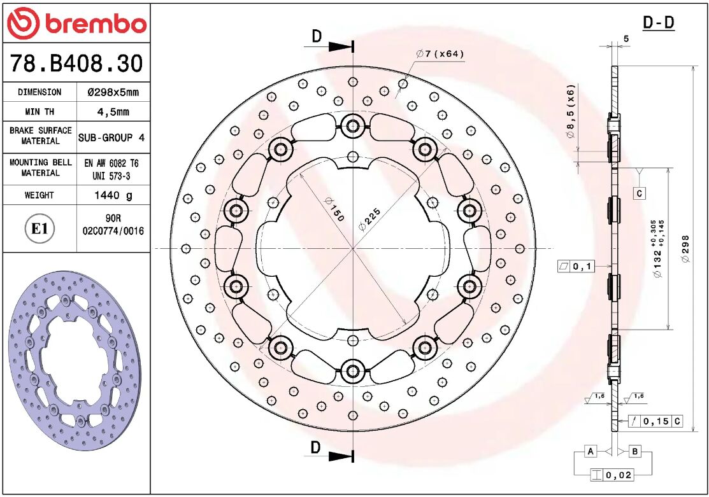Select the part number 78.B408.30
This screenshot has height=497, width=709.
[76, 64]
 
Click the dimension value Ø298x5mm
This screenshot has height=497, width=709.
[113, 92]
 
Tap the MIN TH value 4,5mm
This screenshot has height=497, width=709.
[113, 112]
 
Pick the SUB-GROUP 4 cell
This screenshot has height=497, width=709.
[113, 137]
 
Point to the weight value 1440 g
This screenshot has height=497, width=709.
[113, 195]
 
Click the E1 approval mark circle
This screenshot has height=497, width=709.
[39, 228]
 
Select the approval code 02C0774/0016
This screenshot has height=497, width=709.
[113, 232]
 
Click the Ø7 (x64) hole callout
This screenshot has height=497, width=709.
[440, 54]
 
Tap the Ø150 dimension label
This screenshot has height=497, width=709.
[334, 209]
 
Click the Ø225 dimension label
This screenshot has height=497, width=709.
[369, 217]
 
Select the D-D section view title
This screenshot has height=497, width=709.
[658, 23]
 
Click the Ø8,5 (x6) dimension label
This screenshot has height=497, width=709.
[571, 111]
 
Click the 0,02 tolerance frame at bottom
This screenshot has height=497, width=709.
[612, 475]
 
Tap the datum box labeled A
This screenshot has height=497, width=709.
[591, 451]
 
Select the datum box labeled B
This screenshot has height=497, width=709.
[634, 451]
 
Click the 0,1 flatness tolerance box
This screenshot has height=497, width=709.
[575, 266]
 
